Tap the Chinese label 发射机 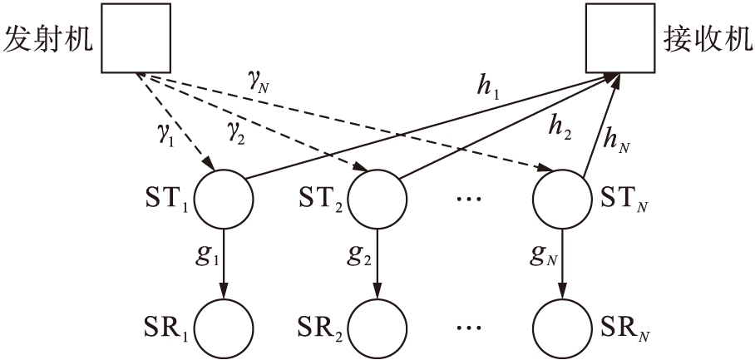coord(48,39)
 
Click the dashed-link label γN coord(257,79)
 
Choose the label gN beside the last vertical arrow coord(542,256)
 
